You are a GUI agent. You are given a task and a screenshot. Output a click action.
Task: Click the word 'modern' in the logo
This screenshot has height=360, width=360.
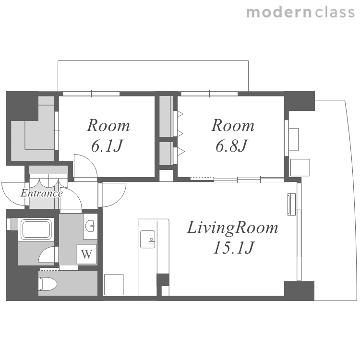(x=279, y=12)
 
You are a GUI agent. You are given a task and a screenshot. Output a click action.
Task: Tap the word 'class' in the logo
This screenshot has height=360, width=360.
(x=335, y=12)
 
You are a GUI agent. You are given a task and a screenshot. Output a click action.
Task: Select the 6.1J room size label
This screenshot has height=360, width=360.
(x=107, y=146)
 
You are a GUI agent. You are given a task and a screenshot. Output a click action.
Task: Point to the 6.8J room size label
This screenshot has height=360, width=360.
(x=231, y=146)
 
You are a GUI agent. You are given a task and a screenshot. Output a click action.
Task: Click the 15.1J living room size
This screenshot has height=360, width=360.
(x=233, y=248)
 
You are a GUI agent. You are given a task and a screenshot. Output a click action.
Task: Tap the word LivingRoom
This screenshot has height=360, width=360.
(x=233, y=228)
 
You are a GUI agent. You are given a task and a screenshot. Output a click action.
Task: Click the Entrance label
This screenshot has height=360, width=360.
(x=42, y=193)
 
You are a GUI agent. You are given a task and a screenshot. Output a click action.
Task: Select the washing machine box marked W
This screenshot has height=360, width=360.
(x=87, y=254)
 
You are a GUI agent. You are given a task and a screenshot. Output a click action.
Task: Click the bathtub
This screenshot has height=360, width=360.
(x=36, y=229)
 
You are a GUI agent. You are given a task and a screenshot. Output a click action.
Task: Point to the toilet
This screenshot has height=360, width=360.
(x=48, y=284)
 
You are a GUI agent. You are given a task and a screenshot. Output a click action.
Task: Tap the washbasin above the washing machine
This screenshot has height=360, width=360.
(x=90, y=226)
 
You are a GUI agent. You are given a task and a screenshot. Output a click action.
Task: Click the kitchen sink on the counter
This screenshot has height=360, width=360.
(x=148, y=239)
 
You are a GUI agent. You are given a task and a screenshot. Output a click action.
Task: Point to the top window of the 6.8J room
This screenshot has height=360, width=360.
(x=209, y=94)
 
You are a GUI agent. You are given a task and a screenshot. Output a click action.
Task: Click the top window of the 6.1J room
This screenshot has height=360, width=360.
(x=91, y=94)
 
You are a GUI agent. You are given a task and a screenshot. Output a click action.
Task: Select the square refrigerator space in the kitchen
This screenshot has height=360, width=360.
(x=114, y=285)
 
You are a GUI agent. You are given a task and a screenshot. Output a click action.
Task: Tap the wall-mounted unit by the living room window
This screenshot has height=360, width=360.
(x=291, y=204)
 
